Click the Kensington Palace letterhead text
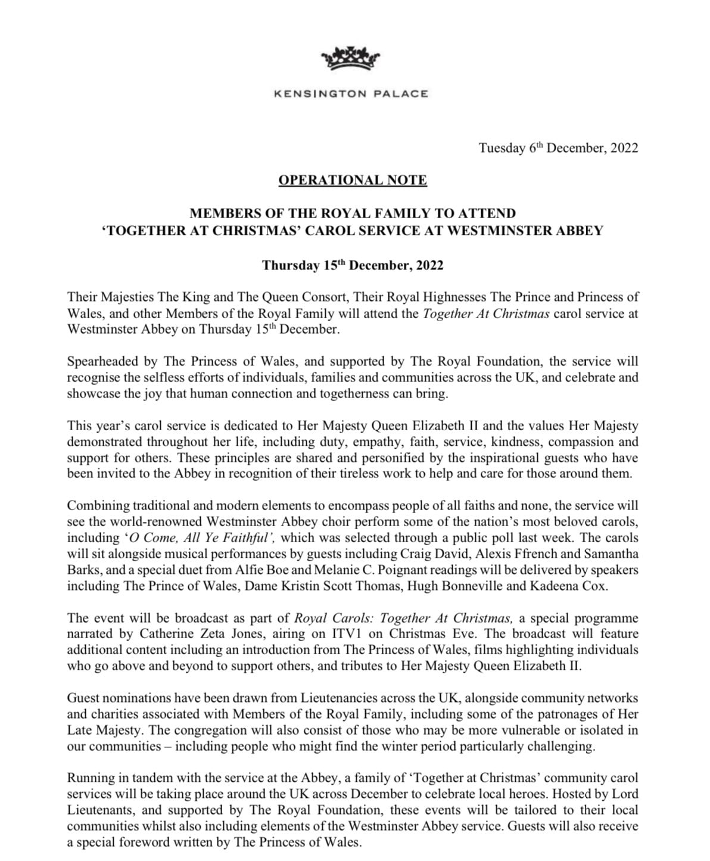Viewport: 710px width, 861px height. coord(351,94)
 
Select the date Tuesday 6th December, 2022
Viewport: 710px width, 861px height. coord(558,148)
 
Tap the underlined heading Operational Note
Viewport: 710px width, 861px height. coord(352,180)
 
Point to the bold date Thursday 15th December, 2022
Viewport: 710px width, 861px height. coord(353,266)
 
